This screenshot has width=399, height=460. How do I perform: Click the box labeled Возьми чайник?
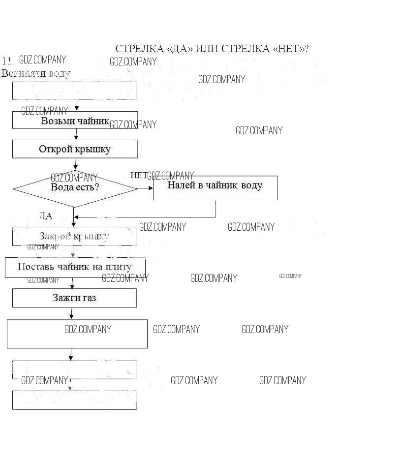click(x=75, y=120)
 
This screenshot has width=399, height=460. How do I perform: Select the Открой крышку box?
click(x=75, y=149)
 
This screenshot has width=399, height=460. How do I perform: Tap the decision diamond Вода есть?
click(x=75, y=188)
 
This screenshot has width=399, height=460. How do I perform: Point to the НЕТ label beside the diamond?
click(x=139, y=175)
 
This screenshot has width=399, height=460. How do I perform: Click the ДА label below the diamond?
click(x=45, y=216)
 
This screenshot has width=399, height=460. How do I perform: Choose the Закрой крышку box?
click(x=74, y=236)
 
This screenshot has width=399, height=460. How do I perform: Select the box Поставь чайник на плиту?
click(x=75, y=267)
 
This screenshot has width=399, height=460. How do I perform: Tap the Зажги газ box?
click(x=74, y=298)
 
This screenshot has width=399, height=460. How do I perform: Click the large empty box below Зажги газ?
click(x=77, y=334)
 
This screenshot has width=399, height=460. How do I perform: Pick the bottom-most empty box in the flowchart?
click(x=74, y=400)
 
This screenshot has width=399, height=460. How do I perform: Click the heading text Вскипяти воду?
click(x=36, y=73)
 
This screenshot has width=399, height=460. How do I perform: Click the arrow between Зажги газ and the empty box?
click(x=72, y=313)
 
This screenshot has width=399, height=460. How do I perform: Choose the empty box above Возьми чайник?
click(x=74, y=91)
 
